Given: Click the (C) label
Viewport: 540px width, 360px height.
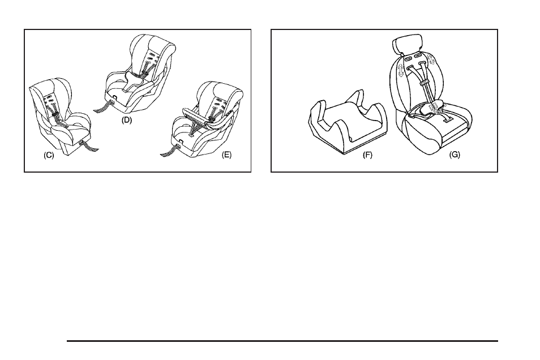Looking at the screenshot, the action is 49,155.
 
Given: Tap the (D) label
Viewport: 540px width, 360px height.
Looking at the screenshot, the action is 127,120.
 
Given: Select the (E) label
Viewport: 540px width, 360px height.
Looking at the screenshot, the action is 226,155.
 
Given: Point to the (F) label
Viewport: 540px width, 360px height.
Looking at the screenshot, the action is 367,155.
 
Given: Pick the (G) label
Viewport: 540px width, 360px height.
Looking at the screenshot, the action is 455,155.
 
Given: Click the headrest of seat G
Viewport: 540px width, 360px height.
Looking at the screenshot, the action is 408,44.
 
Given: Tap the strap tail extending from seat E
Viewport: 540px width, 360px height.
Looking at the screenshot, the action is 170,151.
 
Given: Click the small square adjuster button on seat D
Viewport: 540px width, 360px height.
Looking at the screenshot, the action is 113,99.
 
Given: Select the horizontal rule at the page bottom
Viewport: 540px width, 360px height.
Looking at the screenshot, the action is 282,341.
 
